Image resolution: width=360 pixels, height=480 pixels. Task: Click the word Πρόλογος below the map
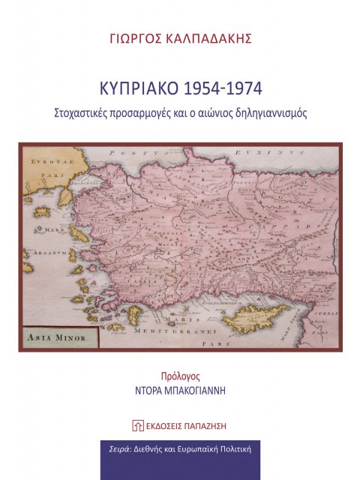point(179,377)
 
